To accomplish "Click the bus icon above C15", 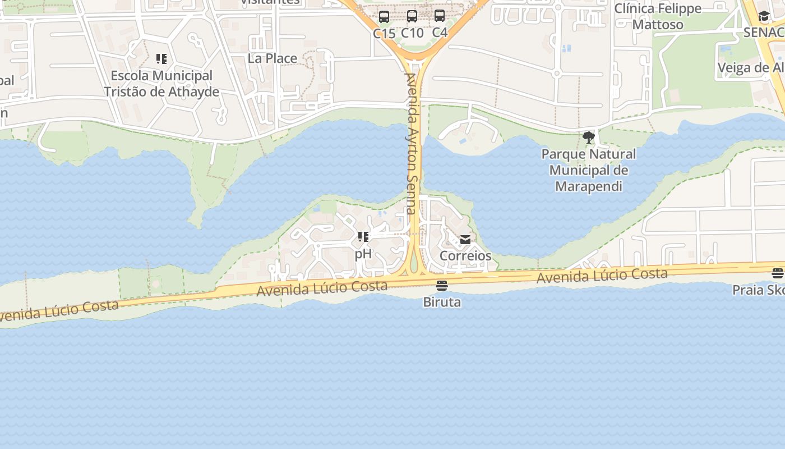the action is tap(384, 17).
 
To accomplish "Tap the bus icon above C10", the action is tap(412, 16).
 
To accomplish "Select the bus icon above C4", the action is tap(440, 16).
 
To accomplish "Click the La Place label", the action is tap(273, 58).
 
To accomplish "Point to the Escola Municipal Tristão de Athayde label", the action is tap(161, 84).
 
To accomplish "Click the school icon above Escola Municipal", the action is tap(161, 59).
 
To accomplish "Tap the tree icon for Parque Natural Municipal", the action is tap(589, 137).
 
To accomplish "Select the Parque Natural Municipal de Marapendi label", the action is tap(589, 170).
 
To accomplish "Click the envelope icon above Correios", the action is tap(465, 240).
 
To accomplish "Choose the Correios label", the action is tap(465, 256).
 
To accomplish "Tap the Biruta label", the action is tap(442, 302).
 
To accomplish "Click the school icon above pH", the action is tap(363, 237).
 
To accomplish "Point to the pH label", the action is tap(363, 254).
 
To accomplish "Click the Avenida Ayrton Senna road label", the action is tap(412, 144).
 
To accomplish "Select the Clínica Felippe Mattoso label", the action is tap(658, 16).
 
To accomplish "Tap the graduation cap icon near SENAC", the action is tap(764, 16).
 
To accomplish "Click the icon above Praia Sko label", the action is tap(777, 274).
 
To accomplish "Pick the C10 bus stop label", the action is tap(412, 33).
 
